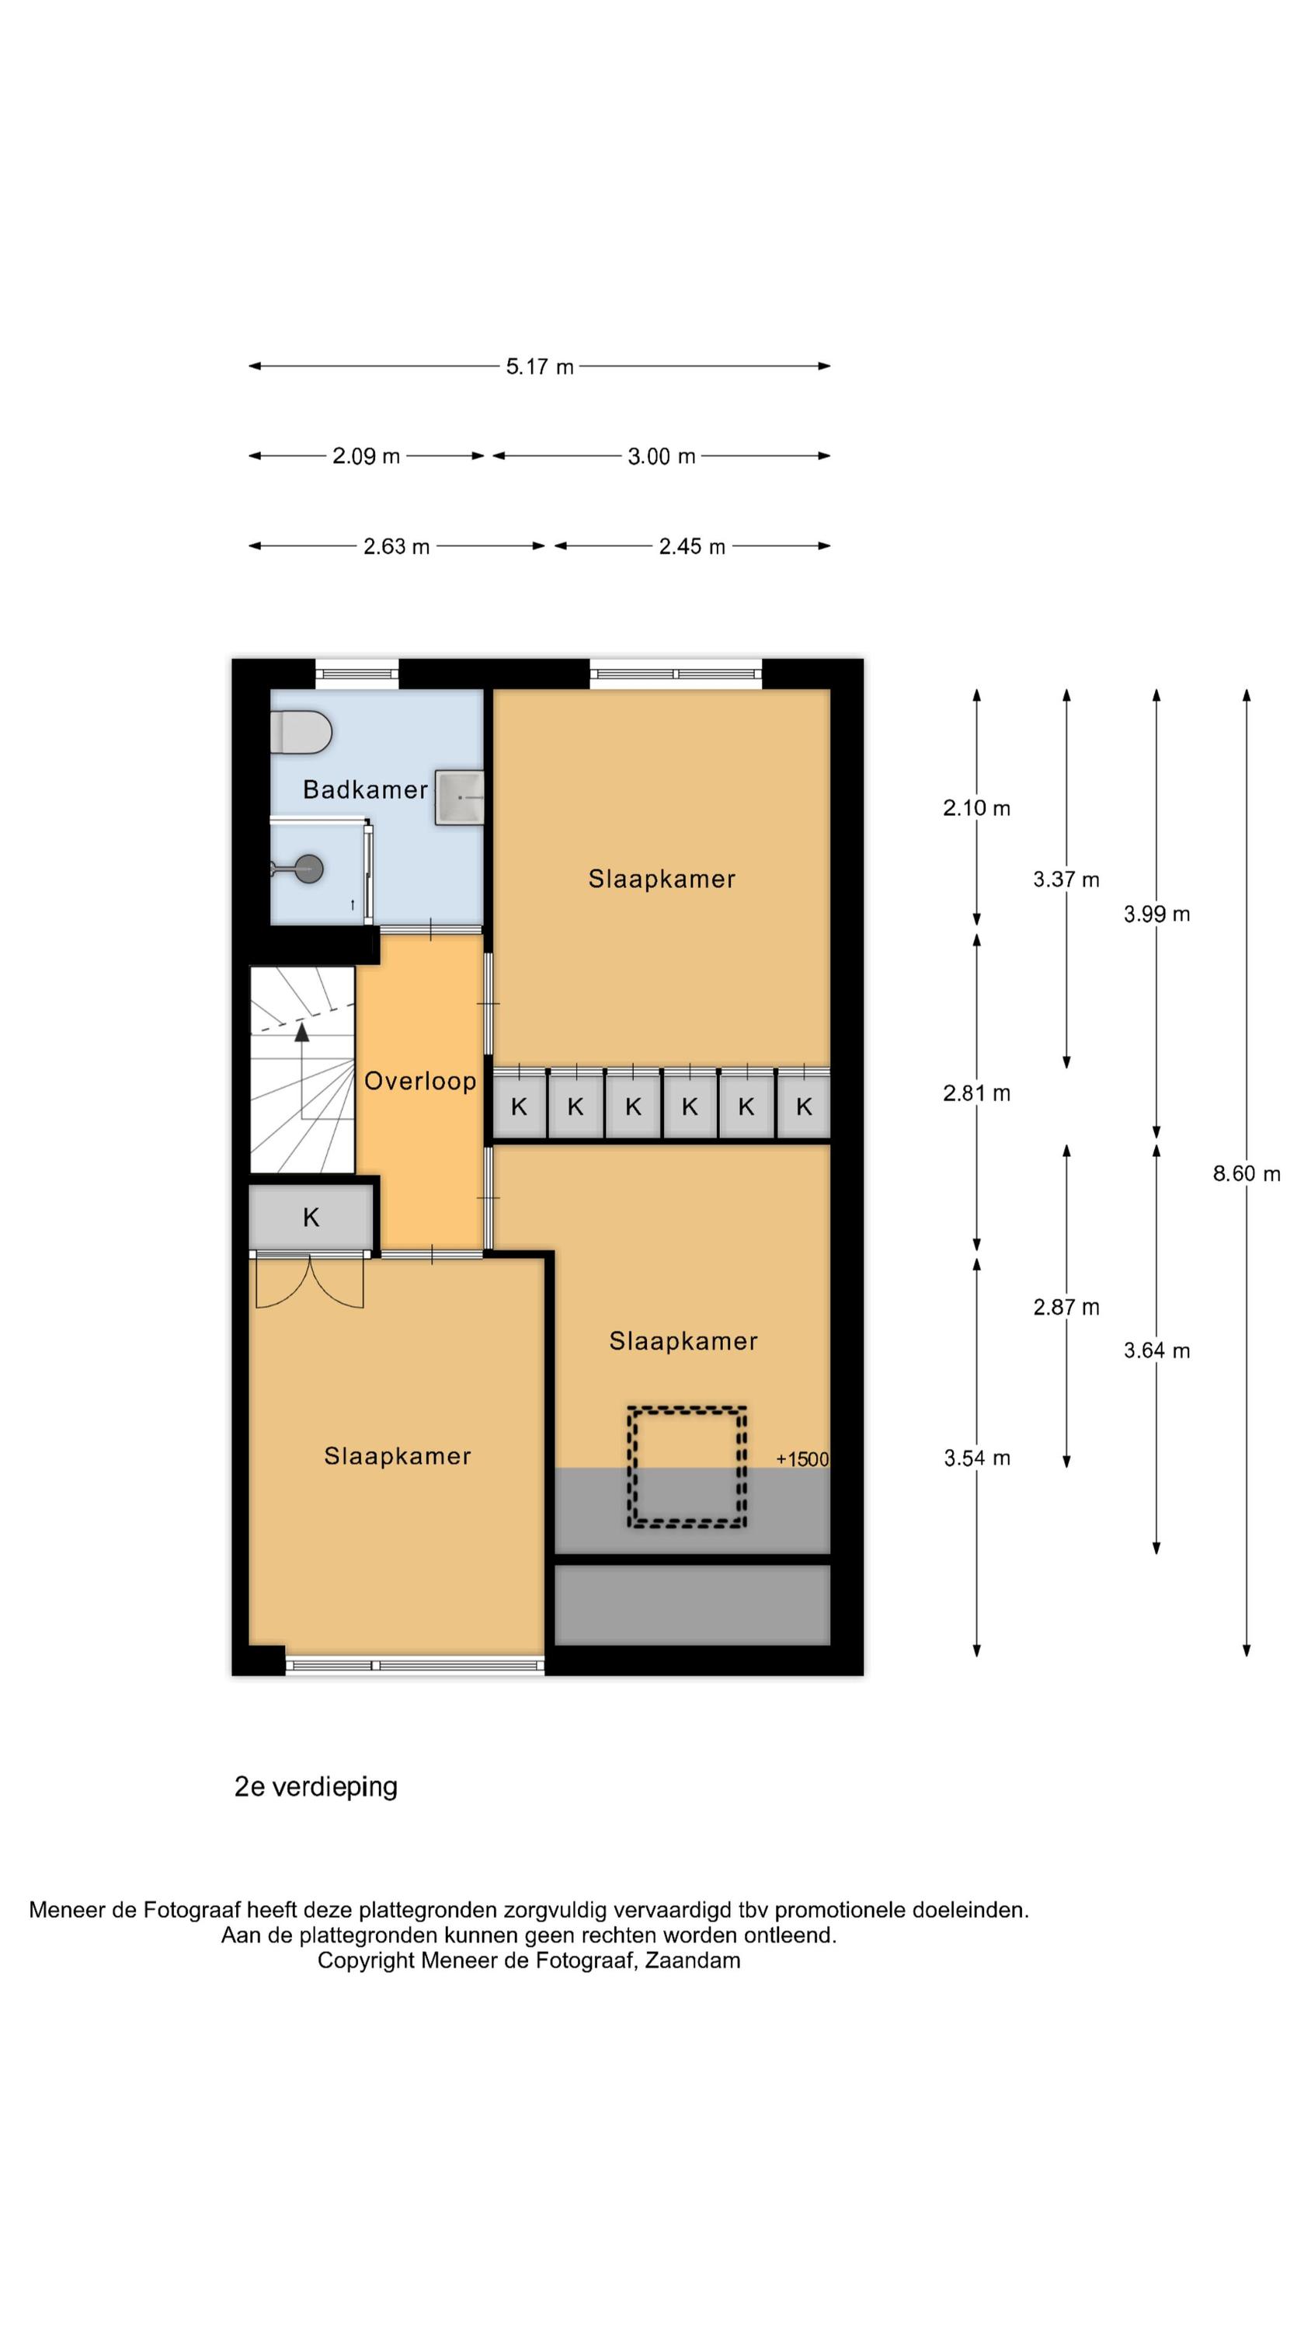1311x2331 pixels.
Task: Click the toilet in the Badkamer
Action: click(x=301, y=732)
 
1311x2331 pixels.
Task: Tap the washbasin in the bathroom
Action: click(x=460, y=797)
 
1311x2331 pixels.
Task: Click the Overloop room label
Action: click(x=420, y=1081)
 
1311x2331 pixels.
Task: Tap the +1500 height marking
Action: click(x=802, y=1458)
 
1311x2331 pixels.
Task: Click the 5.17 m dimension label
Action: click(x=540, y=367)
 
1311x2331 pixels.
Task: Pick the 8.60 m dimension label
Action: click(x=1247, y=1173)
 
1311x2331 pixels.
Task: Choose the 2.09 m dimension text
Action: click(x=367, y=456)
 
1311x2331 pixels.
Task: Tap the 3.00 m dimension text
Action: click(x=662, y=456)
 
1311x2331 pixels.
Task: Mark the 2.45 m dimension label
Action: click(x=692, y=546)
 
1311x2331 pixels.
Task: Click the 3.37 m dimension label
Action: click(x=1066, y=880)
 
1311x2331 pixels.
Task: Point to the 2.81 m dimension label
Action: click(x=977, y=1093)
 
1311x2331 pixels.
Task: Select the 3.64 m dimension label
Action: click(x=1157, y=1351)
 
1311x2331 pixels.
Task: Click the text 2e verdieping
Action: click(x=316, y=1786)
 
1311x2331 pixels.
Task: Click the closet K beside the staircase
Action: click(x=311, y=1217)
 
